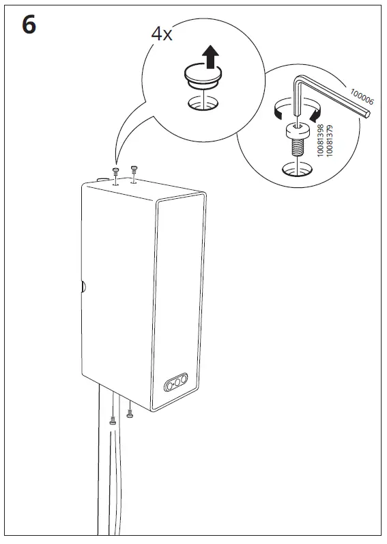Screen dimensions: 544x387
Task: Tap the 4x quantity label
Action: tap(161, 35)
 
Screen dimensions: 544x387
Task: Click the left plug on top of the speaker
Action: tap(115, 170)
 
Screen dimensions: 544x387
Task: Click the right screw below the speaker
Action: tap(130, 412)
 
